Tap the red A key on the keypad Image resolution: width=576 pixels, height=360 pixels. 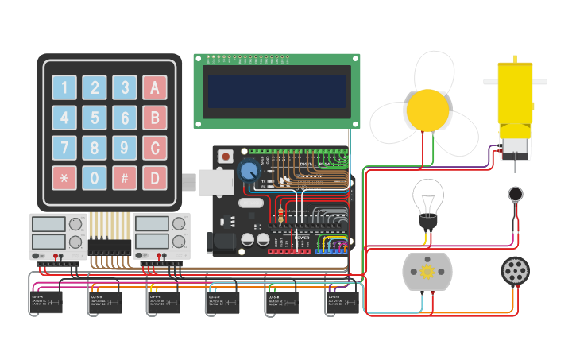pyautogui.click(x=155, y=87)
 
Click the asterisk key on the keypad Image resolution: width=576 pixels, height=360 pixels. pyautogui.click(x=64, y=177)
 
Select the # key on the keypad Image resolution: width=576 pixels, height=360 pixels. pyautogui.click(x=125, y=177)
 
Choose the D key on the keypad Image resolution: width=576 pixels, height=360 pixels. pyautogui.click(x=155, y=177)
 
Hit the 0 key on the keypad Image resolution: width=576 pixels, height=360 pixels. pyautogui.click(x=95, y=177)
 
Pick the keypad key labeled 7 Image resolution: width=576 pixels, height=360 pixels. pyautogui.click(x=64, y=148)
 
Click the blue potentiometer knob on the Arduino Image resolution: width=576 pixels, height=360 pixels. pyautogui.click(x=249, y=170)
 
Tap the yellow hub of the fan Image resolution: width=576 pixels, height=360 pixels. pyautogui.click(x=428, y=110)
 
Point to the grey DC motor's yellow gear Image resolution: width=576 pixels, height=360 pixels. pyautogui.click(x=427, y=272)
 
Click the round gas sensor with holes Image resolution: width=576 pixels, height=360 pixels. pyautogui.click(x=515, y=271)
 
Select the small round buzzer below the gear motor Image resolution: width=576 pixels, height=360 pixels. pyautogui.click(x=516, y=193)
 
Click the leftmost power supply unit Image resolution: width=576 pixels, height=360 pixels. pyautogui.click(x=57, y=236)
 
